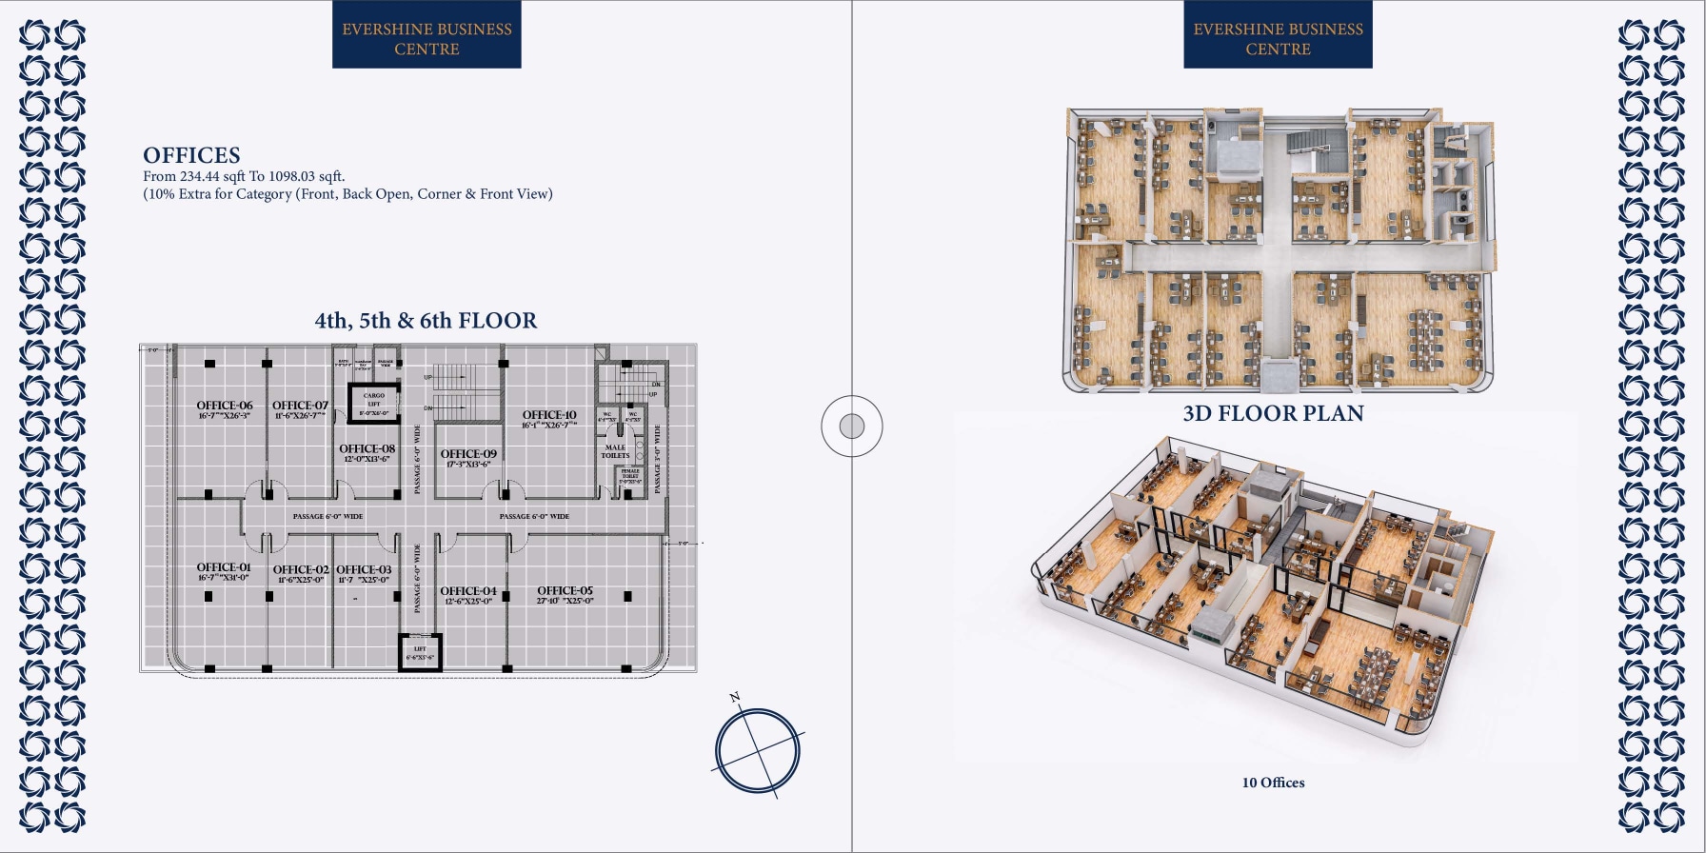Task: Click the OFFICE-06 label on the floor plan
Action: click(x=225, y=406)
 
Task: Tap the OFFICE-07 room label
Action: click(x=300, y=406)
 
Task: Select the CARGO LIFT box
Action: click(x=374, y=404)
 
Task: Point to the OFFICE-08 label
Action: click(x=367, y=448)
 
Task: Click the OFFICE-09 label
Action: click(x=468, y=454)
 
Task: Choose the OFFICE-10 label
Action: click(x=549, y=415)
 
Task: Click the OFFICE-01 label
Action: click(x=224, y=567)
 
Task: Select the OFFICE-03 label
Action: click(x=364, y=569)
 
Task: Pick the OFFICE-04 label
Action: click(x=468, y=591)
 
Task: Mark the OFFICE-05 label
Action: click(x=565, y=590)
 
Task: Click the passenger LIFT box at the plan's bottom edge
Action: click(x=420, y=653)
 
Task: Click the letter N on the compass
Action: click(x=735, y=698)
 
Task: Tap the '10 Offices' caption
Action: click(x=1273, y=783)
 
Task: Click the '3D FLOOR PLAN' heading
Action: click(x=1273, y=413)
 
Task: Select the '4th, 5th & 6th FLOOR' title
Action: click(x=426, y=321)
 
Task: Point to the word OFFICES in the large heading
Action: click(x=191, y=155)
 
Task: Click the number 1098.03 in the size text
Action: click(x=291, y=176)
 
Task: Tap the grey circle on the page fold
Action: click(x=852, y=426)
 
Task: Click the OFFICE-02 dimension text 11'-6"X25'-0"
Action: click(x=300, y=580)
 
